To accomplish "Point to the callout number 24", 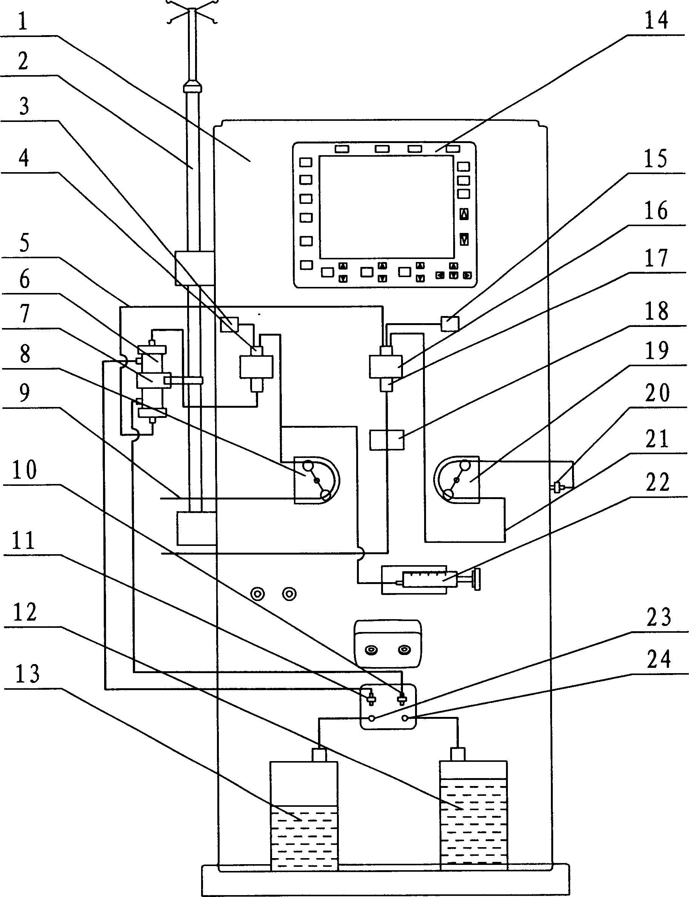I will tap(659, 660).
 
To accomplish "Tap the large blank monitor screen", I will tap(386, 207).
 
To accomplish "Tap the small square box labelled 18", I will tap(387, 439).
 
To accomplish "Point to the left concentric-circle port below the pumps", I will tap(258, 594).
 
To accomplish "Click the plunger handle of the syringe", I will tap(476, 579).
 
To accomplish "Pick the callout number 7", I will tap(25, 314).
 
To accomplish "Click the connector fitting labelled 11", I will tap(372, 698).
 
